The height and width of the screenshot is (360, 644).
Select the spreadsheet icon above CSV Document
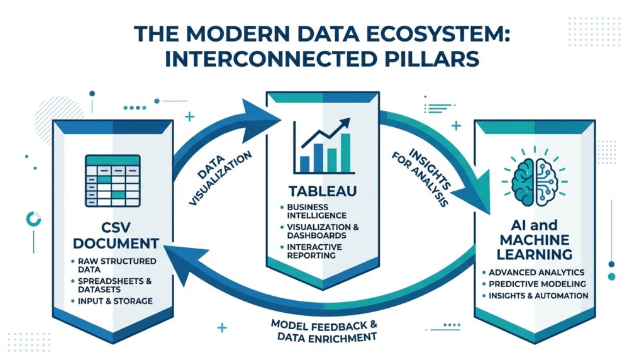(113, 179)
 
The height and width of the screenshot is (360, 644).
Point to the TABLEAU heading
(322, 190)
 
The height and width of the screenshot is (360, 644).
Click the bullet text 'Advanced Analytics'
(536, 272)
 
